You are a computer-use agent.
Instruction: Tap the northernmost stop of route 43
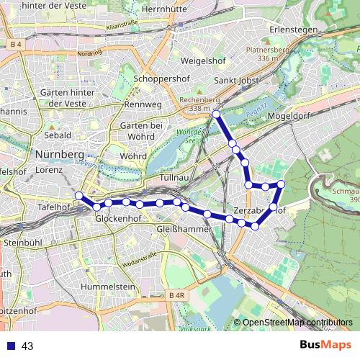[216, 114]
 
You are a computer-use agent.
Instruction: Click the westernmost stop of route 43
[78, 195]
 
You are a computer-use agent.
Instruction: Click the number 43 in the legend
[27, 346]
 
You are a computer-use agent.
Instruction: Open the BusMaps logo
[325, 346]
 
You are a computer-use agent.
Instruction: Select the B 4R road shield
[176, 295]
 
